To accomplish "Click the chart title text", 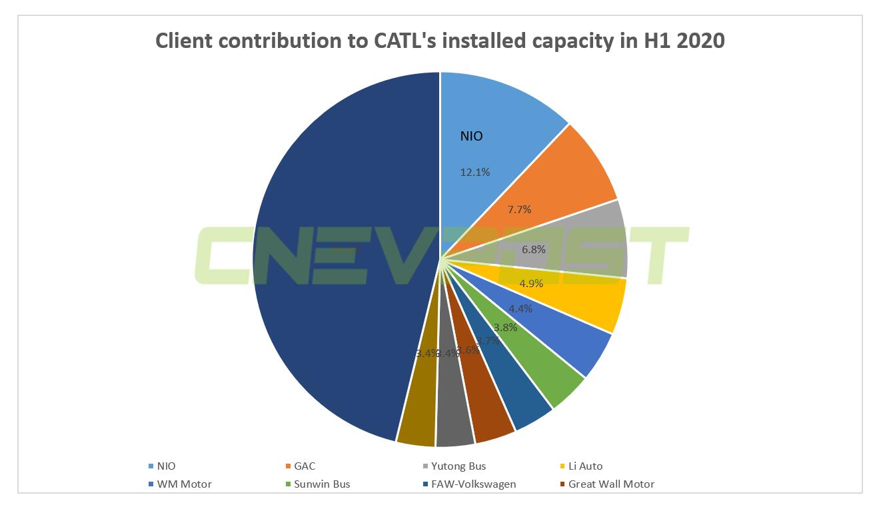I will (440, 41).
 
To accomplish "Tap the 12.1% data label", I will (475, 172).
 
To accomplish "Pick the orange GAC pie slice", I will (560, 180).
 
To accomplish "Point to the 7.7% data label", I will (519, 209).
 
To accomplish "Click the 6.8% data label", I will (534, 250).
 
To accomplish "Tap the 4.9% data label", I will (531, 283).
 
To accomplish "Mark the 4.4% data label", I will (520, 308).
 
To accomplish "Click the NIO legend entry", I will (162, 466).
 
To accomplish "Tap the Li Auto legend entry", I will (581, 466).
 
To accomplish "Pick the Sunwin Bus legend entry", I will (317, 484).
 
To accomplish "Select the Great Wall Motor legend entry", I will (606, 484).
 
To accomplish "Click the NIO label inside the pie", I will (472, 137).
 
